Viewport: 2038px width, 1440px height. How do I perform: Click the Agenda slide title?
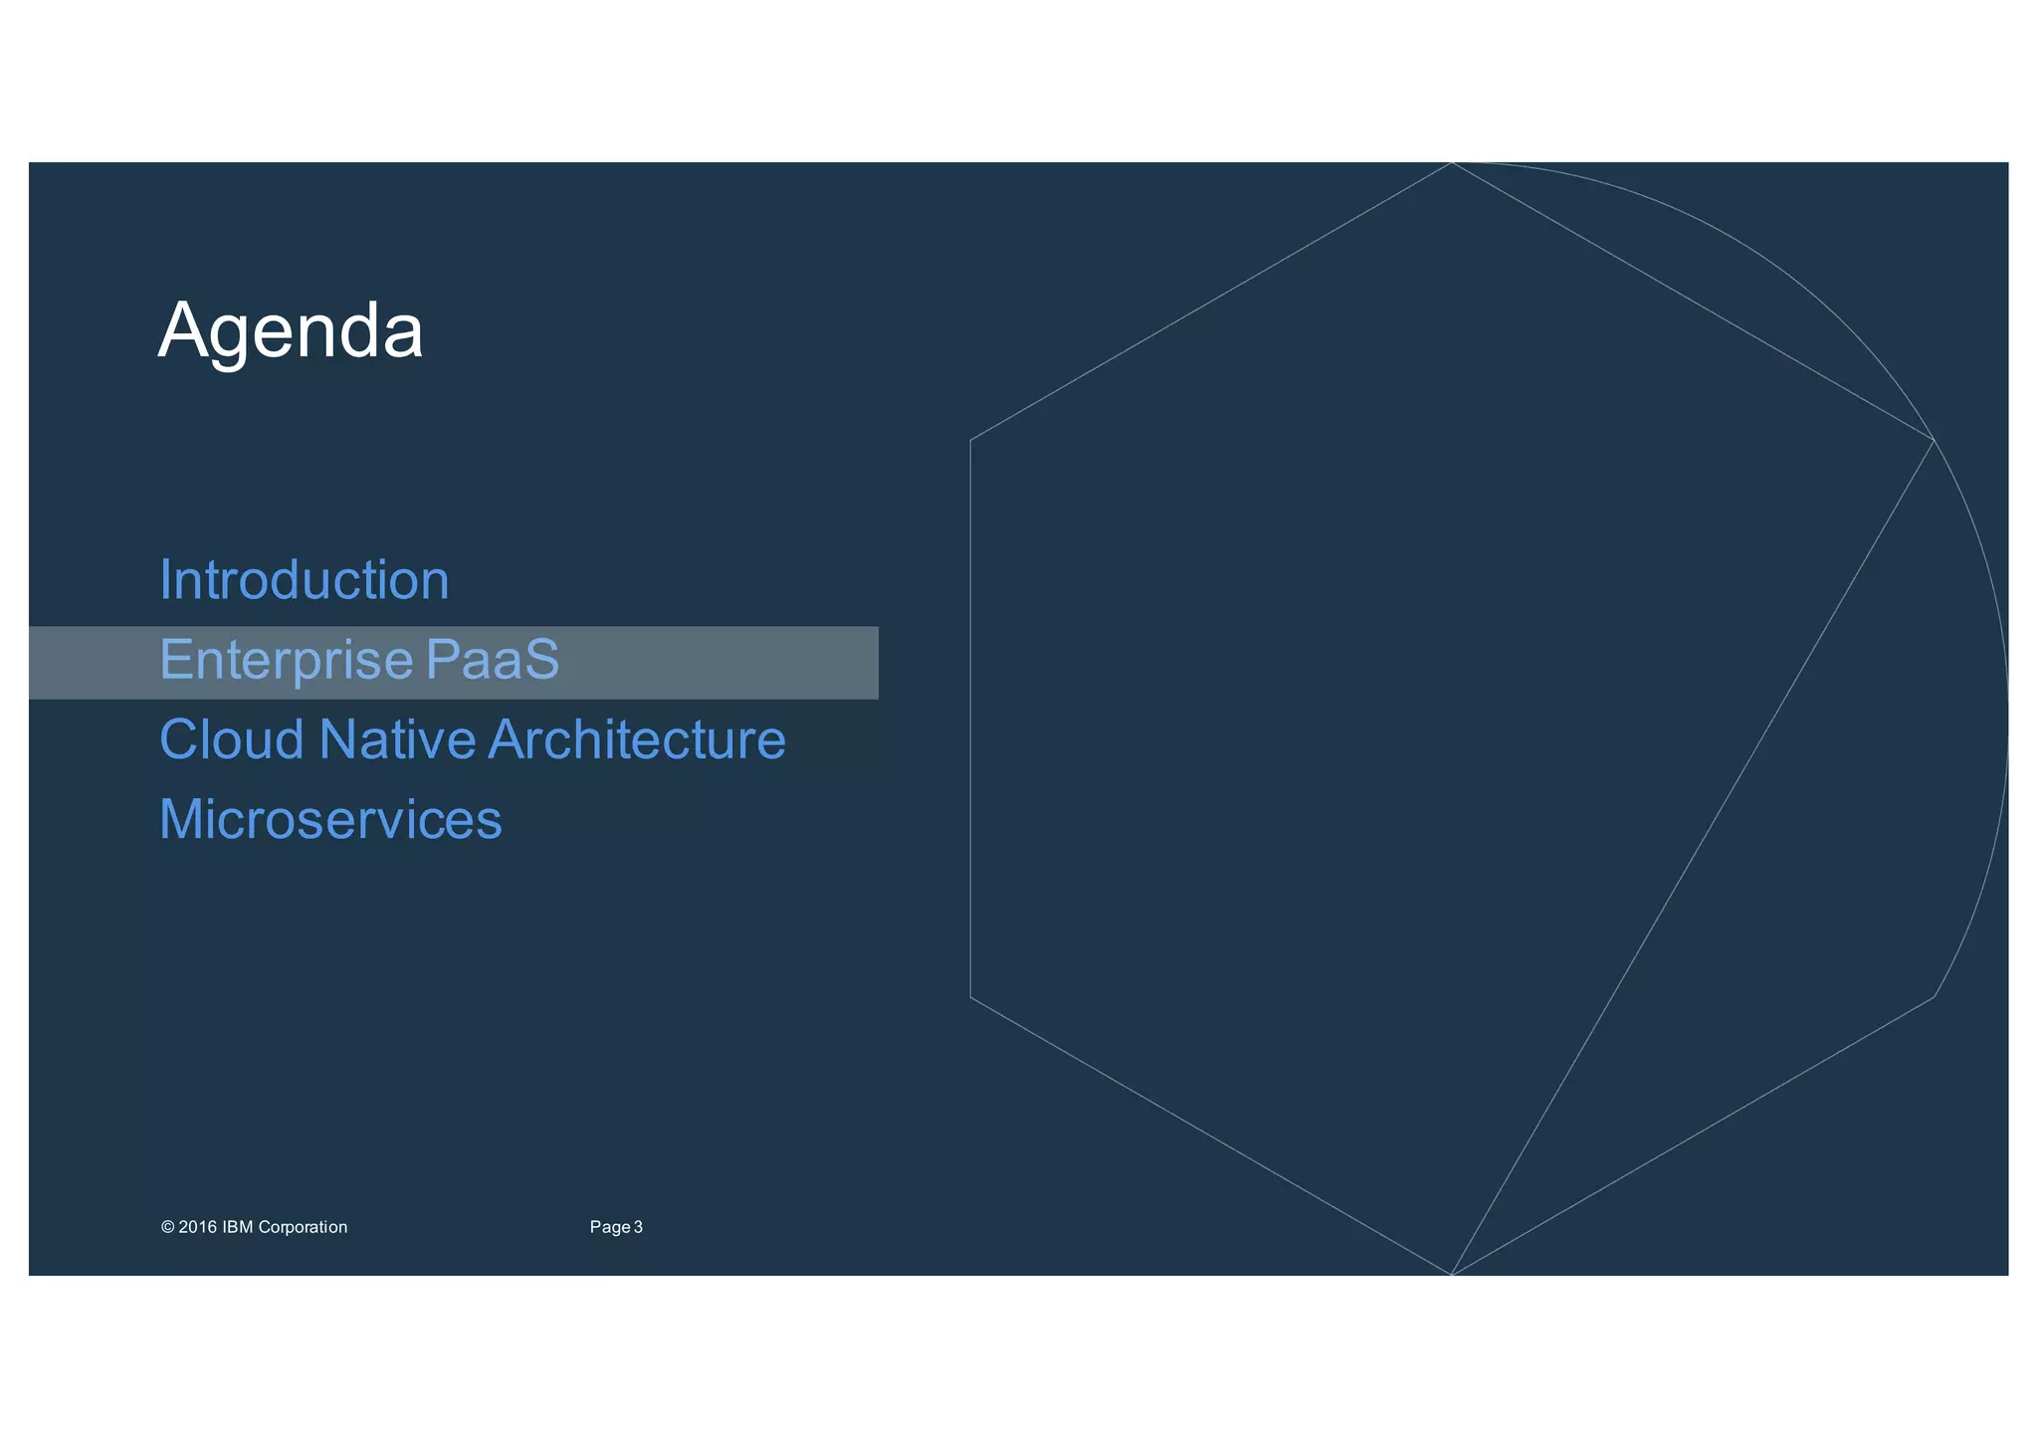(x=291, y=331)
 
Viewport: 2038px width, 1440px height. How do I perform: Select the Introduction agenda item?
(x=305, y=580)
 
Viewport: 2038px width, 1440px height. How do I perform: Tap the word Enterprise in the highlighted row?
(x=287, y=660)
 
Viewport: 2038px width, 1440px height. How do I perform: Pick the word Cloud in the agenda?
(x=232, y=740)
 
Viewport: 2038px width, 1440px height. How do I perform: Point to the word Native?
(x=397, y=740)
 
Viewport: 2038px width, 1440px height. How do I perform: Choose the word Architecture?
(x=637, y=740)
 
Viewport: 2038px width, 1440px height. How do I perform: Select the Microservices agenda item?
(x=330, y=820)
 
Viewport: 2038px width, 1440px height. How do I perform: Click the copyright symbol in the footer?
(x=167, y=1227)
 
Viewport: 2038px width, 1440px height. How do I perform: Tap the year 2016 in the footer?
(x=198, y=1227)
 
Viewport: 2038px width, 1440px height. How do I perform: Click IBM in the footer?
(x=238, y=1227)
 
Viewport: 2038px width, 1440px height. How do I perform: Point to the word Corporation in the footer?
(x=303, y=1227)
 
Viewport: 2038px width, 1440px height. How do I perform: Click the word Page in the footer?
(x=609, y=1227)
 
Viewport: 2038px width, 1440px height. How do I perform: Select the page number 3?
(x=639, y=1227)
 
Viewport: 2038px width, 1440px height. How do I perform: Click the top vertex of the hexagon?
(x=1452, y=162)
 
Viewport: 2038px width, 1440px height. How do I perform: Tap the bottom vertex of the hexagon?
(x=1452, y=1275)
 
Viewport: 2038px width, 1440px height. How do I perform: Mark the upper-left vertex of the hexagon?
(x=970, y=440)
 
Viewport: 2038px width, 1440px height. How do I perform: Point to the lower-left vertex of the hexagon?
(x=970, y=996)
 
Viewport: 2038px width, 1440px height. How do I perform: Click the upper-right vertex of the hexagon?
(x=1934, y=440)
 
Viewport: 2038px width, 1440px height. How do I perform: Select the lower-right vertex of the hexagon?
(x=1934, y=996)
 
